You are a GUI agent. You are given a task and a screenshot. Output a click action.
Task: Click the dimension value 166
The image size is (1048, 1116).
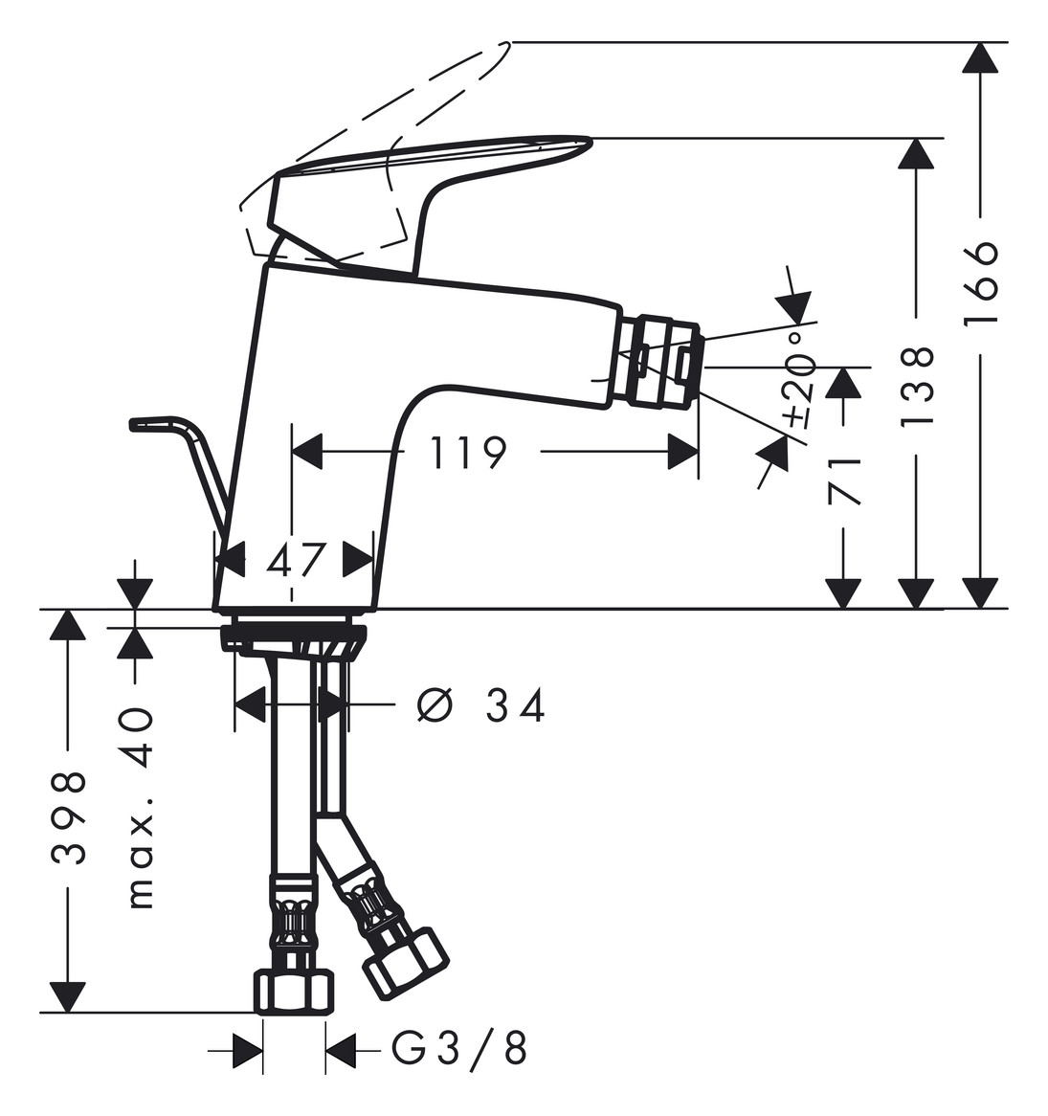981,282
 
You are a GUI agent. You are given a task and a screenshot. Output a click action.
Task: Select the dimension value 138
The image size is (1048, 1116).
916,387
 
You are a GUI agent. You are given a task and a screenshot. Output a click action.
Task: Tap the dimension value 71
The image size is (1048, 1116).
844,481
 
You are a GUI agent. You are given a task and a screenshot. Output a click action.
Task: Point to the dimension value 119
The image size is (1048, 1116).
469,453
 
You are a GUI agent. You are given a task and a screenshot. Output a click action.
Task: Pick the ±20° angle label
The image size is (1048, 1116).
799,382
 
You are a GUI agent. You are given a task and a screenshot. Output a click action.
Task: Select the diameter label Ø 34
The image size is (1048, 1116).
481,705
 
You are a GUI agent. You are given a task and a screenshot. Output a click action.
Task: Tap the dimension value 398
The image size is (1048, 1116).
69,817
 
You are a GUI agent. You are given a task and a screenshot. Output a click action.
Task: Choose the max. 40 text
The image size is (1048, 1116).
140,808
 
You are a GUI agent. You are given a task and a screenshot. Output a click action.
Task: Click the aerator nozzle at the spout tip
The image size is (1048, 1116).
661,363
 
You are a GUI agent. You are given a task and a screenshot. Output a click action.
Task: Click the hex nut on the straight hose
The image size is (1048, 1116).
295,993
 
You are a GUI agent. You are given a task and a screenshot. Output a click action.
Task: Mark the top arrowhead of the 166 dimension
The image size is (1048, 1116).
981,57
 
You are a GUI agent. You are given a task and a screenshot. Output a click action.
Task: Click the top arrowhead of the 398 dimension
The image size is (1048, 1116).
68,624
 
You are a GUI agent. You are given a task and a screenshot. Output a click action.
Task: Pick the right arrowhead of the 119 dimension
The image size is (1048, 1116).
683,452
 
